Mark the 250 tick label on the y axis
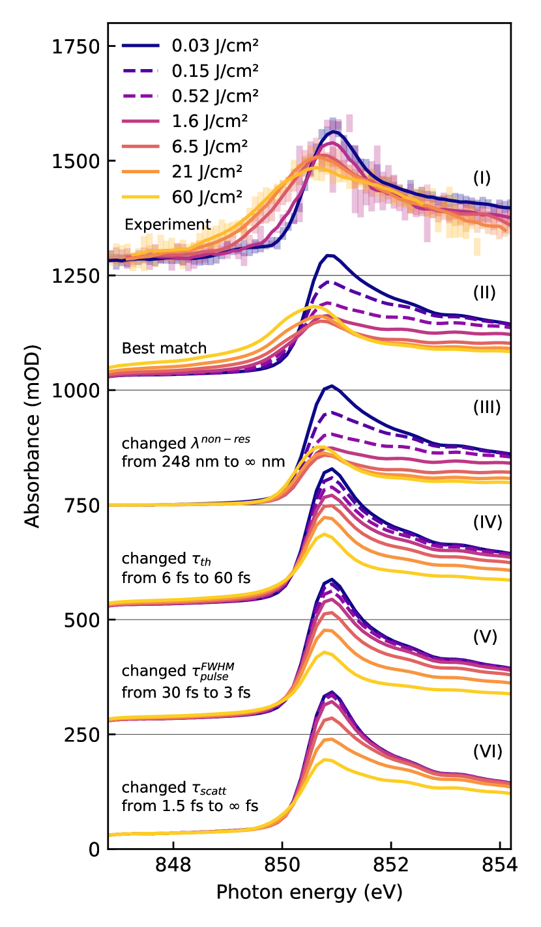[x=80, y=734]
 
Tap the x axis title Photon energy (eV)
[x=309, y=892]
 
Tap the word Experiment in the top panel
[x=168, y=225]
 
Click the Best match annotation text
[x=164, y=349]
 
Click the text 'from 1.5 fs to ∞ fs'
[x=190, y=806]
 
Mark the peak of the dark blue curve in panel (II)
[x=330, y=255]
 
